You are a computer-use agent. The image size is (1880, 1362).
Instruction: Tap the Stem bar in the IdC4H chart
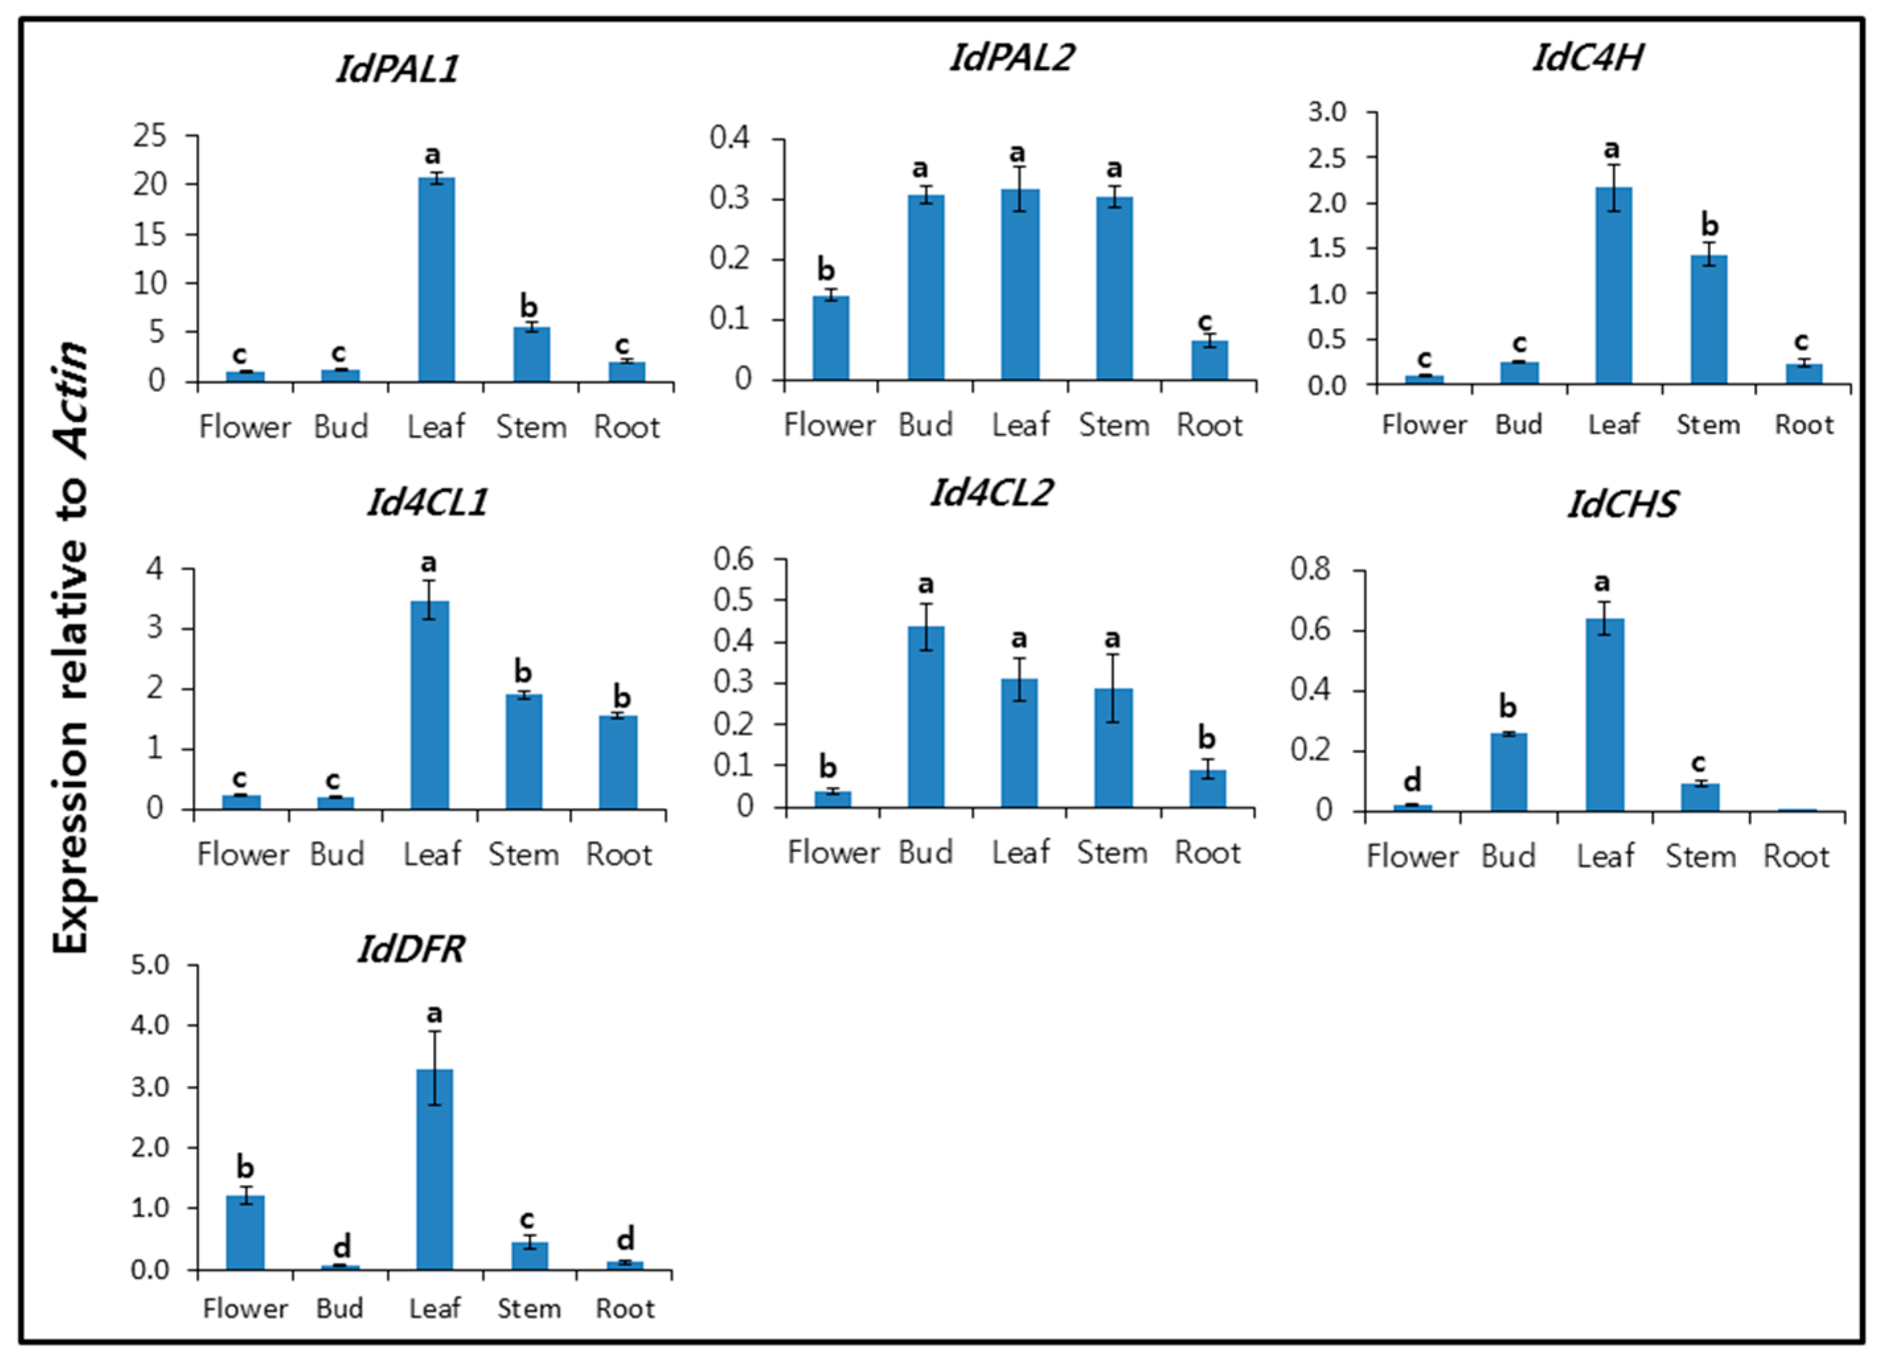1708,320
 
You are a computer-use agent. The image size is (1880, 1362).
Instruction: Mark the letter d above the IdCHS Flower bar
1413,780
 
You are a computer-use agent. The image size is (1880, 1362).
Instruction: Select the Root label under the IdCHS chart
1796,856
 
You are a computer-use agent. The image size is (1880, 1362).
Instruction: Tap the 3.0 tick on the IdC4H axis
1327,112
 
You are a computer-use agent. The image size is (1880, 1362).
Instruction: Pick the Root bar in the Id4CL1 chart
618,762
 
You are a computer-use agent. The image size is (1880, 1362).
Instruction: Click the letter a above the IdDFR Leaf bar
434,1013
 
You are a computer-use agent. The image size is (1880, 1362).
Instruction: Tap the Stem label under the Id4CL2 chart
1113,852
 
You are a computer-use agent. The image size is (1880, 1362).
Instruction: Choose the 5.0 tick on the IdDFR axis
150,965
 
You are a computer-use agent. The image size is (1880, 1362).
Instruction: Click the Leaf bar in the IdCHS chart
1605,714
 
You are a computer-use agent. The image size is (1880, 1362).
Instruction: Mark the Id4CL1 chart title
428,502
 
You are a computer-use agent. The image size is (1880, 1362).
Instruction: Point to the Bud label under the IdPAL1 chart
340,427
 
